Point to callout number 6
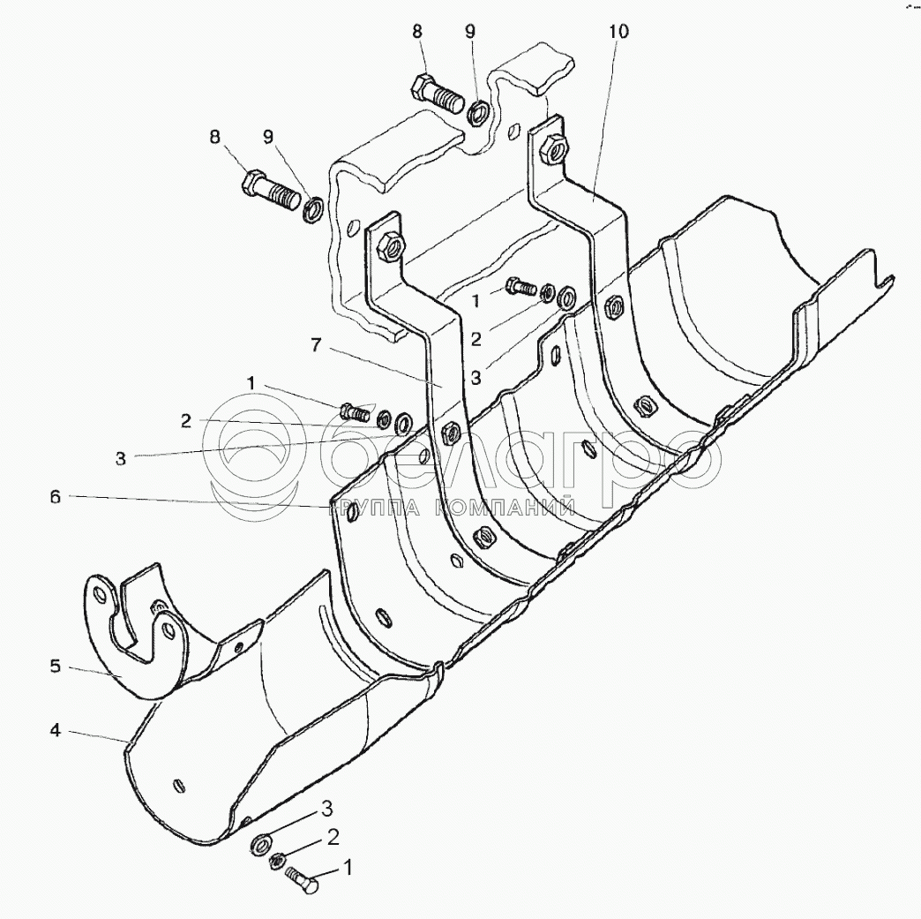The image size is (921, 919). pos(55,498)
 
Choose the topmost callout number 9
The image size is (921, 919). pos(470,32)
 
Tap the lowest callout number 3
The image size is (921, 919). pos(326,809)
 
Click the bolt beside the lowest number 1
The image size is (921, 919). pos(304,878)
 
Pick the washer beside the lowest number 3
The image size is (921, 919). pos(262,843)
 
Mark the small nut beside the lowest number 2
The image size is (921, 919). pos(275,860)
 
